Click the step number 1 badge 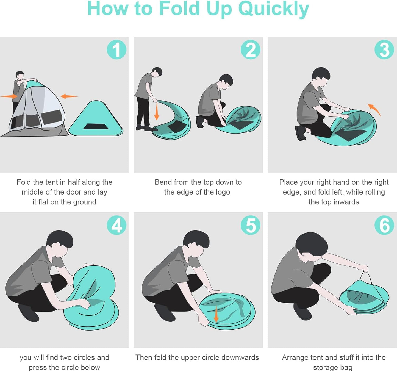click(116, 50)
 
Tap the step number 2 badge click(251, 50)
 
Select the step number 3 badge click(384, 50)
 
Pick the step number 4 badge click(116, 225)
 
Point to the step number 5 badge click(251, 225)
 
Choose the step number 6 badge click(384, 225)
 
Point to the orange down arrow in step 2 click(157, 111)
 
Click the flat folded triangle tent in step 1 click(96, 118)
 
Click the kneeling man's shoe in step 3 click(301, 133)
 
